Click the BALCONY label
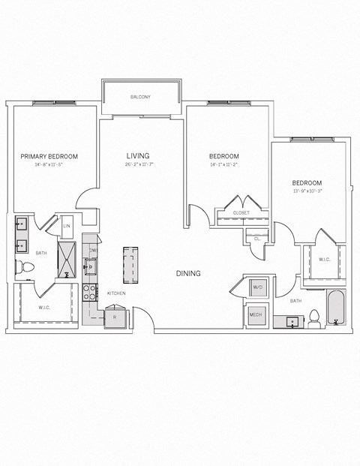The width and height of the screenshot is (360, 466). (x=141, y=97)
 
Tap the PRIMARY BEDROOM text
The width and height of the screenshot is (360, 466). (x=49, y=156)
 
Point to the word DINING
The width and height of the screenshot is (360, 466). (x=188, y=274)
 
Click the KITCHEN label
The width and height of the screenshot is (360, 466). (x=115, y=293)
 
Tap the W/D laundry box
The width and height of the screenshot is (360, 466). (x=256, y=287)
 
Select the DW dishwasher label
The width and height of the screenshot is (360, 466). (x=93, y=250)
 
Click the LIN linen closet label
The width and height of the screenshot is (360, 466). (x=67, y=225)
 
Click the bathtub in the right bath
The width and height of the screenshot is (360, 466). (x=334, y=308)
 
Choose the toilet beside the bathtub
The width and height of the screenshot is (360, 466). (x=315, y=319)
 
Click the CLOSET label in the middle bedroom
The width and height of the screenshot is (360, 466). (x=241, y=213)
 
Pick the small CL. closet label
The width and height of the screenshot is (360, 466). (x=256, y=237)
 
